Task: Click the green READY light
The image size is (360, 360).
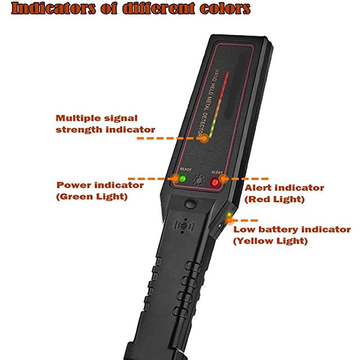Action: coord(183,179)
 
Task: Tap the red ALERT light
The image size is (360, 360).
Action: coord(215,182)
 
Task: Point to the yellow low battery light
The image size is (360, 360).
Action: coord(229,215)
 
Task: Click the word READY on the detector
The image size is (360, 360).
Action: coord(185,170)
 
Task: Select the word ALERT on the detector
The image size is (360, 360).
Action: coord(217,172)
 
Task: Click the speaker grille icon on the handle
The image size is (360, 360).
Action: coord(184,226)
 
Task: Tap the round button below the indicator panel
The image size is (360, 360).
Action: coord(191,203)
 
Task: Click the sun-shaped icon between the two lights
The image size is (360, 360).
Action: coord(198,180)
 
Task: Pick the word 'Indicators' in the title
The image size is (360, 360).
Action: coord(53,9)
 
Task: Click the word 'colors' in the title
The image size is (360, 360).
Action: coord(225,9)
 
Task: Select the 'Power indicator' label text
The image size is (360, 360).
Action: coord(100,185)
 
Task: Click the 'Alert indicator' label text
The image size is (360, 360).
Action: coord(284,188)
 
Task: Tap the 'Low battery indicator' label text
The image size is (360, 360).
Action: coord(292,229)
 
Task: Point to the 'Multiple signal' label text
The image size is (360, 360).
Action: coord(97,118)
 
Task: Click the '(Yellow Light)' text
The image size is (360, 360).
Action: coord(270,241)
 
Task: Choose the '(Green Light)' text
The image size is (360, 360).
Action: coord(92,197)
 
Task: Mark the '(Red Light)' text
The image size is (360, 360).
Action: coord(274,199)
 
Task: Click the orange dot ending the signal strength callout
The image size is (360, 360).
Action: coord(204,138)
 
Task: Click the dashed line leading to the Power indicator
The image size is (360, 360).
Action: coord(150,179)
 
